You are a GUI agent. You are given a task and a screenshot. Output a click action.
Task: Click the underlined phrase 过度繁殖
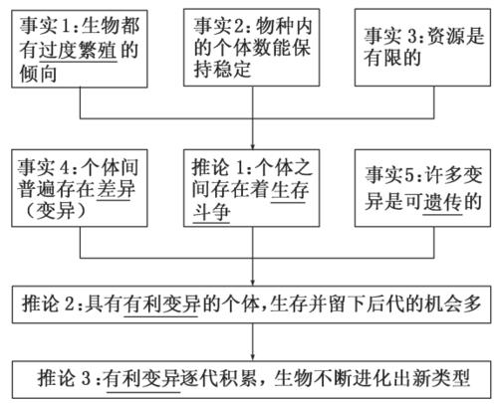[78, 50]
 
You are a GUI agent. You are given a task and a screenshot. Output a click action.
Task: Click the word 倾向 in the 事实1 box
[38, 74]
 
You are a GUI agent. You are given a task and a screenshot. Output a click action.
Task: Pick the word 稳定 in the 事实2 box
[231, 70]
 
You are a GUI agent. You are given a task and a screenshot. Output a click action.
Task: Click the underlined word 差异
[116, 189]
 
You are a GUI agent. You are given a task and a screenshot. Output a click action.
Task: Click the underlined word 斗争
[211, 212]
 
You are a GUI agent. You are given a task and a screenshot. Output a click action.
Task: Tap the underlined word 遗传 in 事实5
[442, 202]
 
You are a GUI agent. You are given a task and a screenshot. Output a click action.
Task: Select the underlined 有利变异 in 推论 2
[161, 303]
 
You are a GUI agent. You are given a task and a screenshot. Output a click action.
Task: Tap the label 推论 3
[64, 378]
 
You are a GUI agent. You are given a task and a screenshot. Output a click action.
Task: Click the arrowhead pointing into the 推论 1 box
[253, 146]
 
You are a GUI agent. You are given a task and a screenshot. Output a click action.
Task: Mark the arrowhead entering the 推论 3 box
[253, 357]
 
